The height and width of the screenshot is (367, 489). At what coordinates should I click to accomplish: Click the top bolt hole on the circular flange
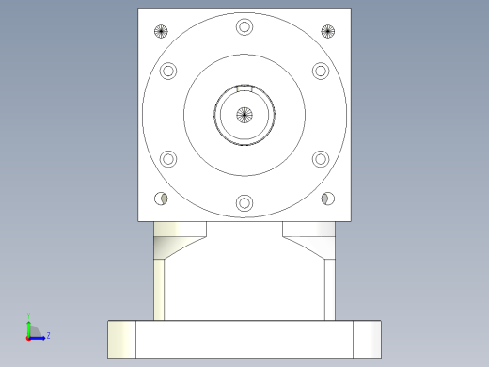coord(244,26)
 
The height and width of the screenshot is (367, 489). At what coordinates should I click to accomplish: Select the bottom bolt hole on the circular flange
coord(244,202)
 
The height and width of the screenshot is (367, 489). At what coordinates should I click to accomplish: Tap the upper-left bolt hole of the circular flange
coord(169,71)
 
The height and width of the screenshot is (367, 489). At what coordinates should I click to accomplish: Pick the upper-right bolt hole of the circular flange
coord(320,71)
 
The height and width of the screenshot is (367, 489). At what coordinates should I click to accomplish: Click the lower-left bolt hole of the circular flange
coord(169,158)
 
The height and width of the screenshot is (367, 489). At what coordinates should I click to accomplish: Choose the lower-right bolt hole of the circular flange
coord(320,158)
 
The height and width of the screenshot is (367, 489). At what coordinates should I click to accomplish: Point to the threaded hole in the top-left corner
coord(162,31)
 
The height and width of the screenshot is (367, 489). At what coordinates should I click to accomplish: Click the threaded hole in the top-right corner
coord(327,31)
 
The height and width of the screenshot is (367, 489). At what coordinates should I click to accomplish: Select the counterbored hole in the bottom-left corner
coord(162,199)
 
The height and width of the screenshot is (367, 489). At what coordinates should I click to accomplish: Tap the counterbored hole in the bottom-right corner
coord(327,199)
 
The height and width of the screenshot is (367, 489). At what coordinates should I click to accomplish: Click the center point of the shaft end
coord(244,115)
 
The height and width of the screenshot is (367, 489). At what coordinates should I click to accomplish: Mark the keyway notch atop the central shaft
coord(244,88)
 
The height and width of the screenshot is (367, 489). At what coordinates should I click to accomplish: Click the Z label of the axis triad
coord(48,335)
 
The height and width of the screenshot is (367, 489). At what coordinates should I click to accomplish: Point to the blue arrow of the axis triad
coord(39,335)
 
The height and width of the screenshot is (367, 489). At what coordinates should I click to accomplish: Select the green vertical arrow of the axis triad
coord(29,325)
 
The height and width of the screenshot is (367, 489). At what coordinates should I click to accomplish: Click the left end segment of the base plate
coord(121,339)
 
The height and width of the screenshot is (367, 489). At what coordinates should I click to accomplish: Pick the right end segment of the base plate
coord(367,339)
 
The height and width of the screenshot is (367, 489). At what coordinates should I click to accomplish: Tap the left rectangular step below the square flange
coord(179,229)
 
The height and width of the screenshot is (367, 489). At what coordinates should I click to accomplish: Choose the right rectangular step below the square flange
coord(308,229)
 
